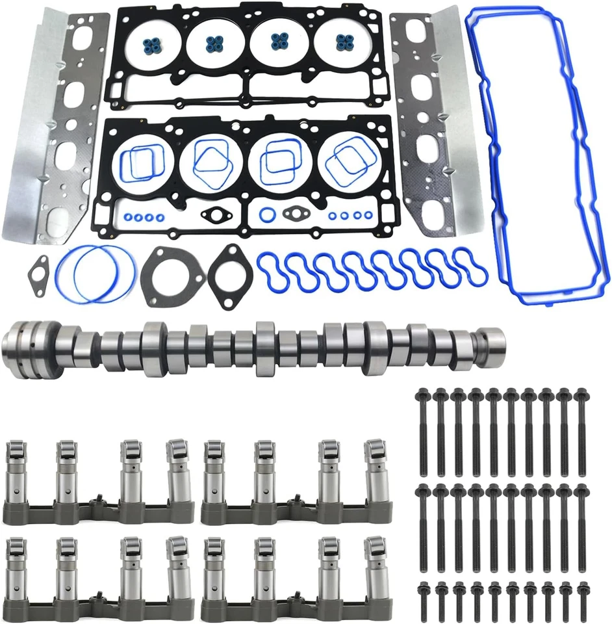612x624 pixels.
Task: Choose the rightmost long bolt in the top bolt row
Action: [581, 422]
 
